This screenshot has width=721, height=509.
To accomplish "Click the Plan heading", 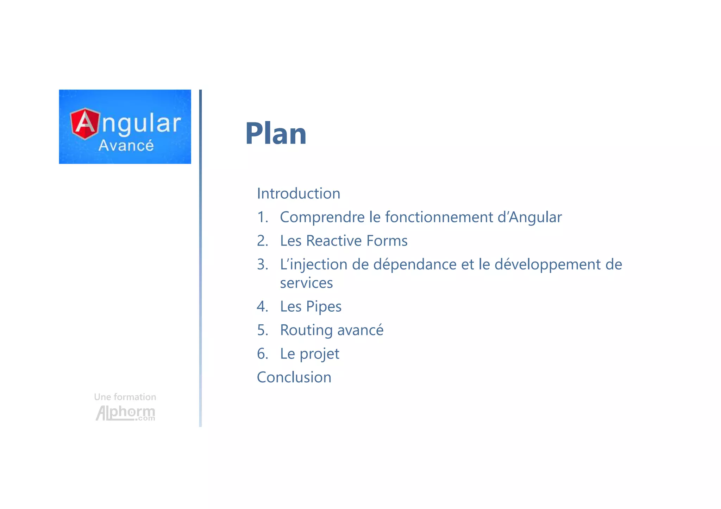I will tap(276, 134).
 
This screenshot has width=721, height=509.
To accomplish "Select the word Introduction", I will tap(299, 194).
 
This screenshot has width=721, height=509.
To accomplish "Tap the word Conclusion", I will tap(294, 377).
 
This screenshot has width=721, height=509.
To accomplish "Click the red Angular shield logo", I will tap(85, 124).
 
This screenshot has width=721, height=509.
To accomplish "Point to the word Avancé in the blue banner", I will tap(126, 146).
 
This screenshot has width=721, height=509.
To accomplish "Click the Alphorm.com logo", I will tap(125, 413).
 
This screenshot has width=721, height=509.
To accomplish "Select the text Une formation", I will tap(125, 397).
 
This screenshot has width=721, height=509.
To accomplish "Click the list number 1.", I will tap(262, 217).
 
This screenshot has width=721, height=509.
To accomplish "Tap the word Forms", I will tap(387, 241).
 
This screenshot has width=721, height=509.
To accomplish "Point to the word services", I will tap(306, 283).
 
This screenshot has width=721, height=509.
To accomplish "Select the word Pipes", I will tap(324, 307).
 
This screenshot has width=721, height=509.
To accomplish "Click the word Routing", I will tap(306, 330).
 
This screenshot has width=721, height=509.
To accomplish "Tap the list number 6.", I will tap(262, 354).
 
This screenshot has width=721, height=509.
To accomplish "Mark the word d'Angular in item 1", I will tap(529, 217).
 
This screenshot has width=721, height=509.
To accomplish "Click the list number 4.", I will tap(262, 307).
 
